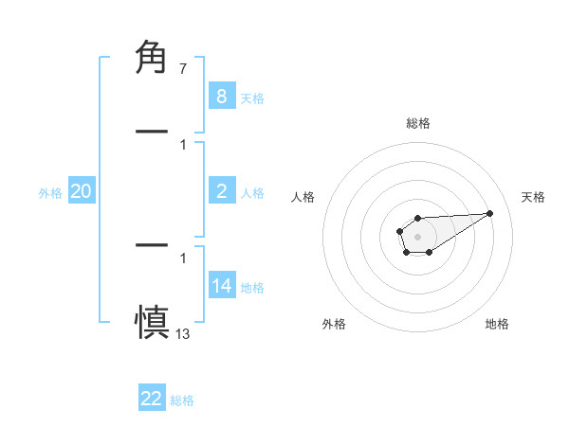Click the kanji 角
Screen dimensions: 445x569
[152, 59]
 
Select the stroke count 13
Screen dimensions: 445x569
[182, 332]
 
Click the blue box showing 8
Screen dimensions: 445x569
[221, 97]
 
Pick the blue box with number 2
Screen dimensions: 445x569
[221, 192]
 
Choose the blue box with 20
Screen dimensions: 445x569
[81, 192]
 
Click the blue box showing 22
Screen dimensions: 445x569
[152, 399]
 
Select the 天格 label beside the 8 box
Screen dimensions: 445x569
[252, 98]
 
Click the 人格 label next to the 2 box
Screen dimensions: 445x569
[252, 193]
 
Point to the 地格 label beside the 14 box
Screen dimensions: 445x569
[252, 288]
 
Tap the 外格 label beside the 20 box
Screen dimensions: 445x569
[50, 193]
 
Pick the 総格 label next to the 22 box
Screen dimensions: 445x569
[182, 400]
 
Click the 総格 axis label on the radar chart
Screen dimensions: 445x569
[417, 123]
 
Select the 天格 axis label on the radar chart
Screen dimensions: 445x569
[533, 197]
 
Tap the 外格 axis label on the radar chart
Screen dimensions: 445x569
[334, 324]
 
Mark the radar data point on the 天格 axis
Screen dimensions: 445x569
[489, 212]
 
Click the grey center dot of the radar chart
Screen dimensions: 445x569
[417, 235]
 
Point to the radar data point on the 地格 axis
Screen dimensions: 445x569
[429, 252]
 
